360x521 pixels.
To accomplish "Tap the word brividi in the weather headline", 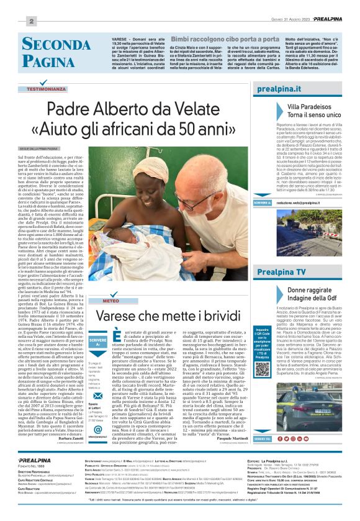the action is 218,316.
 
